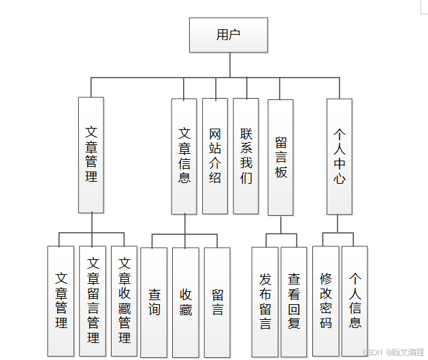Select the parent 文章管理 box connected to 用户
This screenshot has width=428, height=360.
(91, 154)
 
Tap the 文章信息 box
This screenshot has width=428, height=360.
(184, 157)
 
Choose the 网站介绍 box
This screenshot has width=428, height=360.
(215, 157)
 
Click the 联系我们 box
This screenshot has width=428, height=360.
(246, 157)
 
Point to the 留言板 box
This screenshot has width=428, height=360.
(280, 158)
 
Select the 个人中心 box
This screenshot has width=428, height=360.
(339, 157)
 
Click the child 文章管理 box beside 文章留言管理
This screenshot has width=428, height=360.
(61, 301)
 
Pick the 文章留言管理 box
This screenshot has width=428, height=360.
(93, 301)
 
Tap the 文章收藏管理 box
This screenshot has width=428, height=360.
(124, 301)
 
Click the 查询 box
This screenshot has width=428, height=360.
(154, 302)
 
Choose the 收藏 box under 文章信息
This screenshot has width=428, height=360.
(185, 302)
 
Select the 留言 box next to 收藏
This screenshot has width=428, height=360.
(217, 302)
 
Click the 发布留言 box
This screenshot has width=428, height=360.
(265, 301)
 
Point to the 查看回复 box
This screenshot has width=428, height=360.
(294, 301)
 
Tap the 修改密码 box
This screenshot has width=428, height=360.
(325, 301)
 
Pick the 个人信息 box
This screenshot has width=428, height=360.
(355, 301)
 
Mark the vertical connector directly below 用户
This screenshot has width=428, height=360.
(229, 65)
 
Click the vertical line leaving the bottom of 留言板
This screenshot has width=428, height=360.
(280, 225)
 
